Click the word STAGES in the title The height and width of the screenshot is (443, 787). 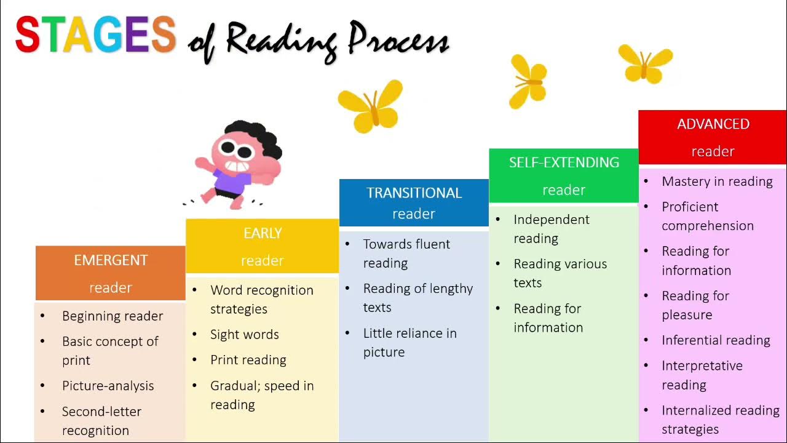click(95, 34)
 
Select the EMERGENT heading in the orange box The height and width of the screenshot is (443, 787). click(111, 260)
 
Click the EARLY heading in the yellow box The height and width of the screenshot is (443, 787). click(263, 233)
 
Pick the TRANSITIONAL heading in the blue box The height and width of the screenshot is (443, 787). click(414, 193)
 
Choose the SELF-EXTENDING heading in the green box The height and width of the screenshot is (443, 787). click(564, 162)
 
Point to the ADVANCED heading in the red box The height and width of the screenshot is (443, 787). click(713, 124)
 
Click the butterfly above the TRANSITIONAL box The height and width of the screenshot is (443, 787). click(371, 106)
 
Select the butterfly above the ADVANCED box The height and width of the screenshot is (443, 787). click(645, 63)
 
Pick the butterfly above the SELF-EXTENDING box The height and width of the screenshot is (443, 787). click(528, 81)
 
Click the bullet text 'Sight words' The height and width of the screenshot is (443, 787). click(245, 335)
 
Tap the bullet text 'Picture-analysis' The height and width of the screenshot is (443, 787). click(108, 386)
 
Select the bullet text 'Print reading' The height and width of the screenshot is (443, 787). click(248, 360)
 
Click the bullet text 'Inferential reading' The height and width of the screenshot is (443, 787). click(716, 340)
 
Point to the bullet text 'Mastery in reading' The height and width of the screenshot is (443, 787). click(717, 182)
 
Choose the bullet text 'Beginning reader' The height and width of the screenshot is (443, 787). click(113, 316)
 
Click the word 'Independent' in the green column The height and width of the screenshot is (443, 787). click(552, 220)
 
